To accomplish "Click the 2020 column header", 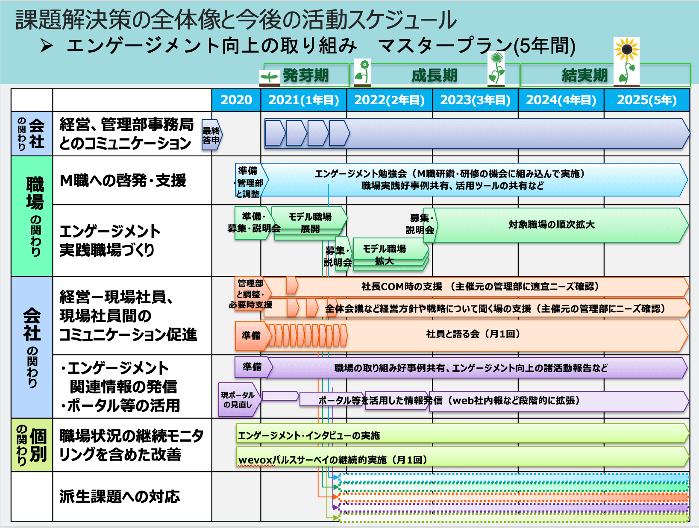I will coord(236,100).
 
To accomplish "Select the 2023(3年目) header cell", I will coord(475,100).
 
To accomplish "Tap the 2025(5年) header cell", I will coord(646,100).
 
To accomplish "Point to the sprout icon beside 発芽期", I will coord(270,77).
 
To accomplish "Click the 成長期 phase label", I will coord(434,76).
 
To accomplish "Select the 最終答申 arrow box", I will coord(211,135).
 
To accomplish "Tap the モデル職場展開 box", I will coord(310,223).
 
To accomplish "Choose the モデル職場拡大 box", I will coord(385,255).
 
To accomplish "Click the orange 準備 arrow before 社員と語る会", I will coord(252,336).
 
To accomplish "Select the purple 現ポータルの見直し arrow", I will coord(238,400).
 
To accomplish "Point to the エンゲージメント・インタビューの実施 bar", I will coord(308,435).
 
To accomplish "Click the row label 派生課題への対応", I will coord(120,496).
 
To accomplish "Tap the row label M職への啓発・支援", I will coord(123,181).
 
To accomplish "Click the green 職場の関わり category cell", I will coord(32,216).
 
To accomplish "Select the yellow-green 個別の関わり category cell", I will coord(32,445).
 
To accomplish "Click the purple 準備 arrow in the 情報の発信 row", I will coord(252,367).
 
